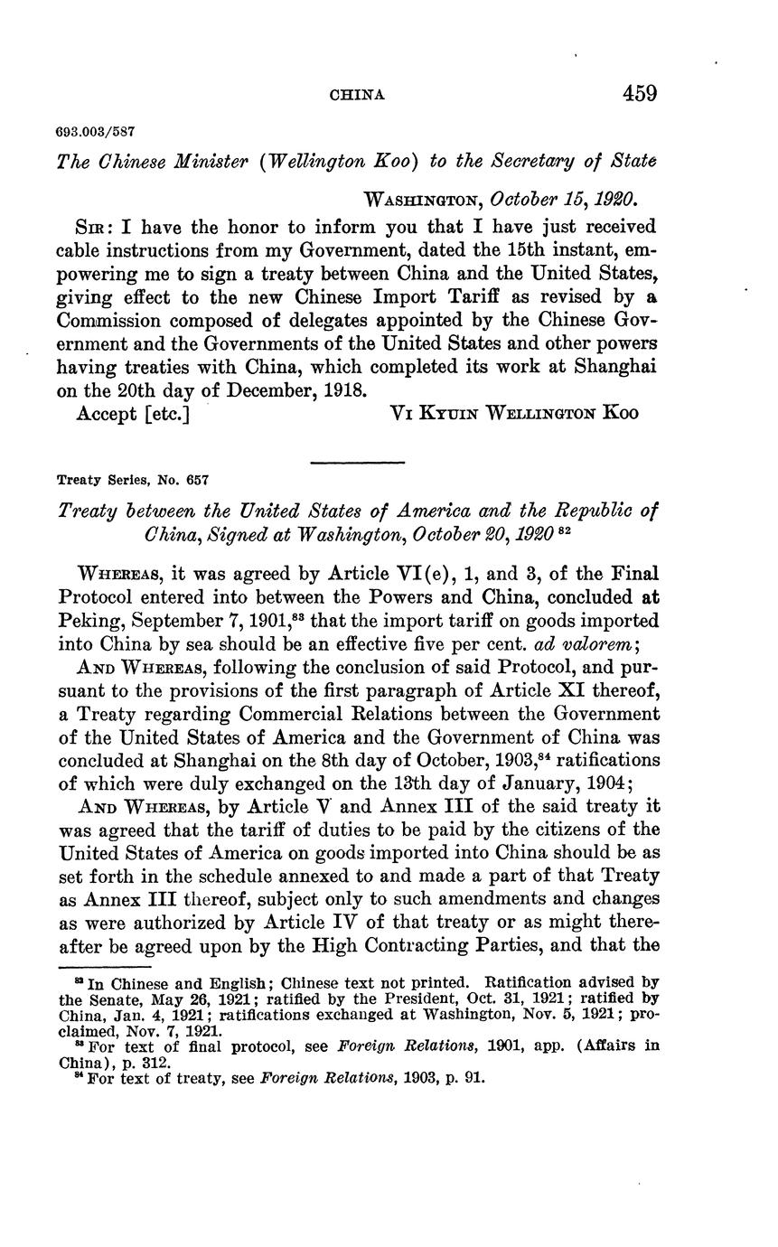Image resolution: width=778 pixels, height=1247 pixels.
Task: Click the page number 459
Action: tap(639, 93)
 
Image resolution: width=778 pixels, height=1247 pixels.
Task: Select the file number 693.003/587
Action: tap(96, 133)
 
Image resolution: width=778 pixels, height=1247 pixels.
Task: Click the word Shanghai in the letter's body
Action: tap(614, 367)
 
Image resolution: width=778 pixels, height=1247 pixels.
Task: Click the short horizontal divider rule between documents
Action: tap(356, 463)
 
